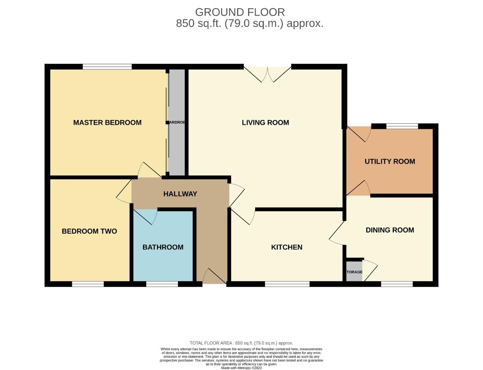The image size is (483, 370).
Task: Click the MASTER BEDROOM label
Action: (107, 123)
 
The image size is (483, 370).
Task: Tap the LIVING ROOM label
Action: (265, 123)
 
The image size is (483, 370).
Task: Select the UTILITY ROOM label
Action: (390, 161)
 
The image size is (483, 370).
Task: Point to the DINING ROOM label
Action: (390, 230)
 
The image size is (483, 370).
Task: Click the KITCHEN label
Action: (287, 247)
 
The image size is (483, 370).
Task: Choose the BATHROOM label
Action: (163, 247)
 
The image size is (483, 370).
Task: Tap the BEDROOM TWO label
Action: (89, 231)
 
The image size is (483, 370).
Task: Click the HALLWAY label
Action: (180, 194)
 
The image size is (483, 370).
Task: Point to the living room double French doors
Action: (267, 74)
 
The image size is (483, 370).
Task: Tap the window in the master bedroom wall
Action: (107, 67)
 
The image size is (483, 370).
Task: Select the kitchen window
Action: (287, 284)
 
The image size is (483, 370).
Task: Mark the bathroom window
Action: (162, 284)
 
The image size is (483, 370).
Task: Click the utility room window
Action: (402, 126)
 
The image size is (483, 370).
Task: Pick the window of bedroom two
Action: (88, 284)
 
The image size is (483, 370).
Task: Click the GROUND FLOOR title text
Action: (240, 12)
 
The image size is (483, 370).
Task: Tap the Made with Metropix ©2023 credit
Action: (241, 368)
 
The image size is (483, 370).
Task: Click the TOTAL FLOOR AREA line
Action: (241, 343)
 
